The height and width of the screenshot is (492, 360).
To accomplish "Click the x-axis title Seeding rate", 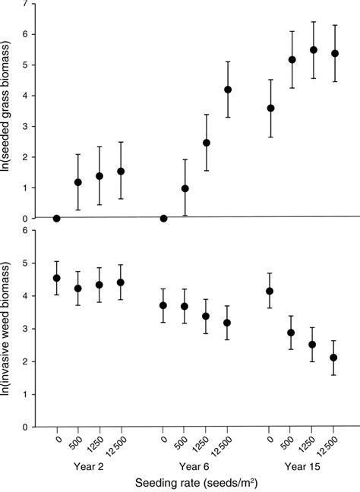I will click(194, 482).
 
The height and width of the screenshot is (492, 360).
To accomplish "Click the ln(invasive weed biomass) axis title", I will click(9, 326).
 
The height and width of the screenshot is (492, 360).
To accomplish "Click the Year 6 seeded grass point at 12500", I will click(228, 90).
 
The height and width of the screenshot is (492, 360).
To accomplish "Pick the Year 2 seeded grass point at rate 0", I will click(57, 218).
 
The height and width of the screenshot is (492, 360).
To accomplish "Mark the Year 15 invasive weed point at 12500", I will click(334, 358).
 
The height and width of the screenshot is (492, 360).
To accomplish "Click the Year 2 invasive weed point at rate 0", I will click(57, 278).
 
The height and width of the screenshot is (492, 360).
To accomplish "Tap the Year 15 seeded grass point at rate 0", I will click(271, 108).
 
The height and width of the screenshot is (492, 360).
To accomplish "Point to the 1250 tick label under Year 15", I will click(313, 440).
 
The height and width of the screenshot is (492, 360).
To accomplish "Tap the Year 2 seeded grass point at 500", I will click(78, 182).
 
